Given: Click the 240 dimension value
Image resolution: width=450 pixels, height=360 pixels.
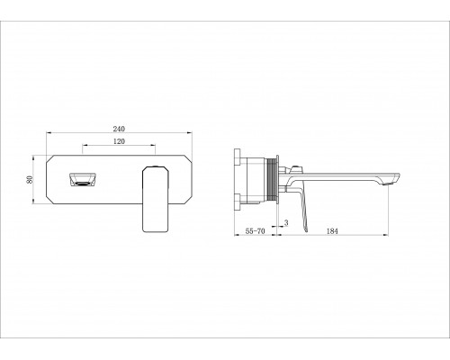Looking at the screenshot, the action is coord(119,129).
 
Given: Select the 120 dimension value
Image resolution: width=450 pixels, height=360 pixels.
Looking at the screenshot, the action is coord(119,141).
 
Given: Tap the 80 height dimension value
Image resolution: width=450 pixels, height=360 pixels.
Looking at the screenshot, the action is coord(30,179).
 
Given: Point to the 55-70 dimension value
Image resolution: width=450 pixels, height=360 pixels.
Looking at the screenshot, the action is coord(255,231).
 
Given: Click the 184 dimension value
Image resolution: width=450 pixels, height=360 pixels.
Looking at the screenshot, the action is coord(332,231).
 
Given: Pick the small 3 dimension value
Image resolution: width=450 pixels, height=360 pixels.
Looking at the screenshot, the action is coord(286,222).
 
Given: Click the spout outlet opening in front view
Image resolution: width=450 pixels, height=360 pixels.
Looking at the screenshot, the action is coord(82,180).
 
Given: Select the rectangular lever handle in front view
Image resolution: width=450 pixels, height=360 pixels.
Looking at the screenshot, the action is coord(156,199).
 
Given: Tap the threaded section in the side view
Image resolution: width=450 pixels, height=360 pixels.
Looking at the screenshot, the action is coord(272,180).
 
